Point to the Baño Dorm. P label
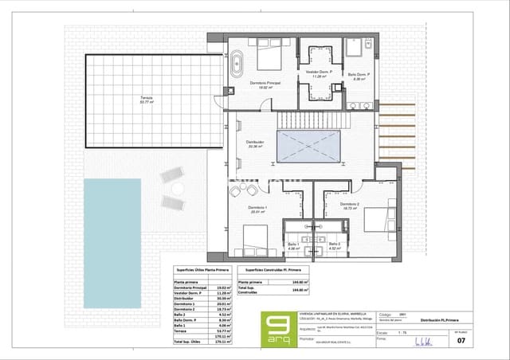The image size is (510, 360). pos(356,77)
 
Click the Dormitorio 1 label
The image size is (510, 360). pos(257,210)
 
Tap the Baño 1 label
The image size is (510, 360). pos(292,245)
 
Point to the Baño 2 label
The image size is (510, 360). pos(334,245)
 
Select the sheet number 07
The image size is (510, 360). pos(481,339)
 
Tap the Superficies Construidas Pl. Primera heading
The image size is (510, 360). pos(290,271)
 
